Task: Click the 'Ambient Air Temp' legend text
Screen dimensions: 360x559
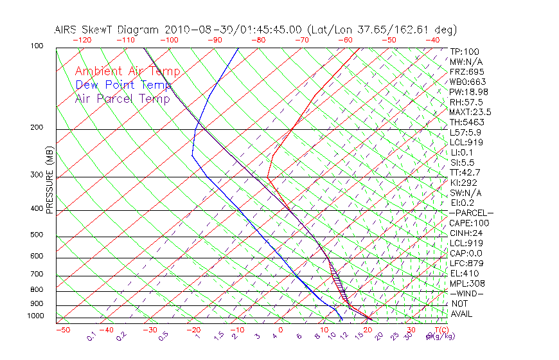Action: (128, 71)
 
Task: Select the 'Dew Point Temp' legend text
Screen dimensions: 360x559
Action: (123, 85)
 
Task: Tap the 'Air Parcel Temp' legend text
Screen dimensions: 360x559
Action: (123, 98)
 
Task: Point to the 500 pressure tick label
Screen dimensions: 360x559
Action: (36, 235)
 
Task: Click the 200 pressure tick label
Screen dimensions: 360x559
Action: (36, 128)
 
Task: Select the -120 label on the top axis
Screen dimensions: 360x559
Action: (82, 40)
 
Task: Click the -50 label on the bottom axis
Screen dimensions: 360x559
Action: (62, 330)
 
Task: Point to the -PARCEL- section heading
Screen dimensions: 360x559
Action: (471, 213)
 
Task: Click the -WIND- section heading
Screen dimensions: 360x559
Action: (467, 293)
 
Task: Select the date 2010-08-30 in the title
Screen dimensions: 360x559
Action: (191, 30)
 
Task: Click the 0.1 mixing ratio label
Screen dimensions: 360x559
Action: (92, 336)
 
